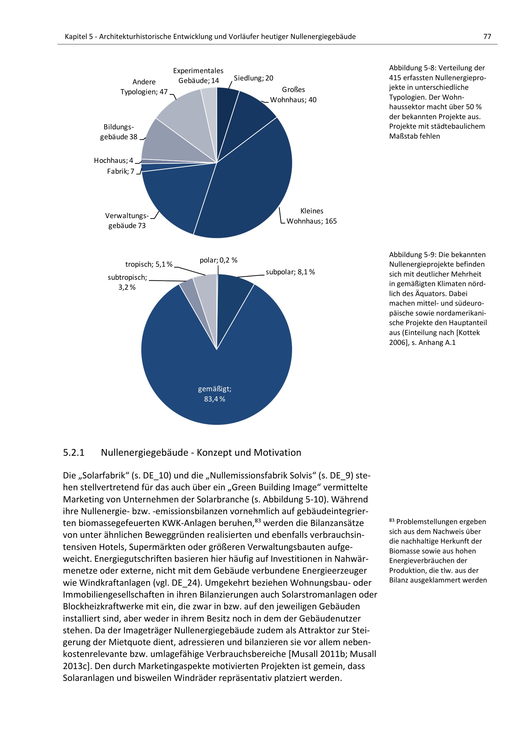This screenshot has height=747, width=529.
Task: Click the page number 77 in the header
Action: coord(487,36)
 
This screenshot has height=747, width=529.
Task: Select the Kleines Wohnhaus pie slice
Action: coord(251,182)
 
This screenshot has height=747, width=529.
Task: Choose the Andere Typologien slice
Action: coord(186,114)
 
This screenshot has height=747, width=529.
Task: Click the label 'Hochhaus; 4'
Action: coord(113,160)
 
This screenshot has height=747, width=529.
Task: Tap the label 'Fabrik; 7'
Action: coord(121,171)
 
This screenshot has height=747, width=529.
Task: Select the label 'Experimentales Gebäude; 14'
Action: coord(198,75)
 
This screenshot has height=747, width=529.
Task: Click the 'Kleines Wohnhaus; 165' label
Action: coord(312,216)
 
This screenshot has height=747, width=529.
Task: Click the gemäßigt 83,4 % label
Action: coord(215,394)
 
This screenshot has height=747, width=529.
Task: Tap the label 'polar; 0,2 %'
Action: coord(218,260)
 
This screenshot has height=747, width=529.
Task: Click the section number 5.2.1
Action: coord(74,453)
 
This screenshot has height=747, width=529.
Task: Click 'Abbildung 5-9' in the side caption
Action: coord(412,255)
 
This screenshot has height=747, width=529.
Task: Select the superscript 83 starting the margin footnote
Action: coord(391,520)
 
